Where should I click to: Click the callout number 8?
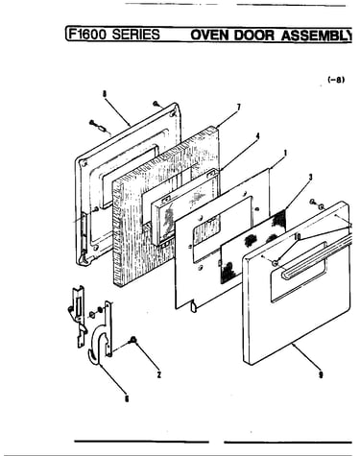tap(105, 94)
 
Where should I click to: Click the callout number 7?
tap(239, 108)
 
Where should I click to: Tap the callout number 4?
tap(257, 136)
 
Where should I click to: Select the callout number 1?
tap(285, 154)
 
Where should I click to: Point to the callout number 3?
tap(310, 177)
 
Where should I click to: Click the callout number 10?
tap(297, 236)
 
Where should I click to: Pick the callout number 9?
tap(321, 374)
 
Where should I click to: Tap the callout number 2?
tap(159, 374)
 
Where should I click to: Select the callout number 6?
tap(127, 398)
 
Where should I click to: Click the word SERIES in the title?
tap(135, 35)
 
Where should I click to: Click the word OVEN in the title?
tap(210, 36)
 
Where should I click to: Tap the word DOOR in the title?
tap(254, 36)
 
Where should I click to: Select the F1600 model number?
tap(88, 35)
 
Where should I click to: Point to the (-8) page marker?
tap(336, 80)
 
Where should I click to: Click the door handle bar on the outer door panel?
tap(317, 255)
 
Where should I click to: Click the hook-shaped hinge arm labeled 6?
tap(101, 333)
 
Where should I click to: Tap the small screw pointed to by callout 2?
tap(132, 341)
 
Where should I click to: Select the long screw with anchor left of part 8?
tap(99, 127)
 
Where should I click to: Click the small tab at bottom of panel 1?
tap(194, 306)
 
